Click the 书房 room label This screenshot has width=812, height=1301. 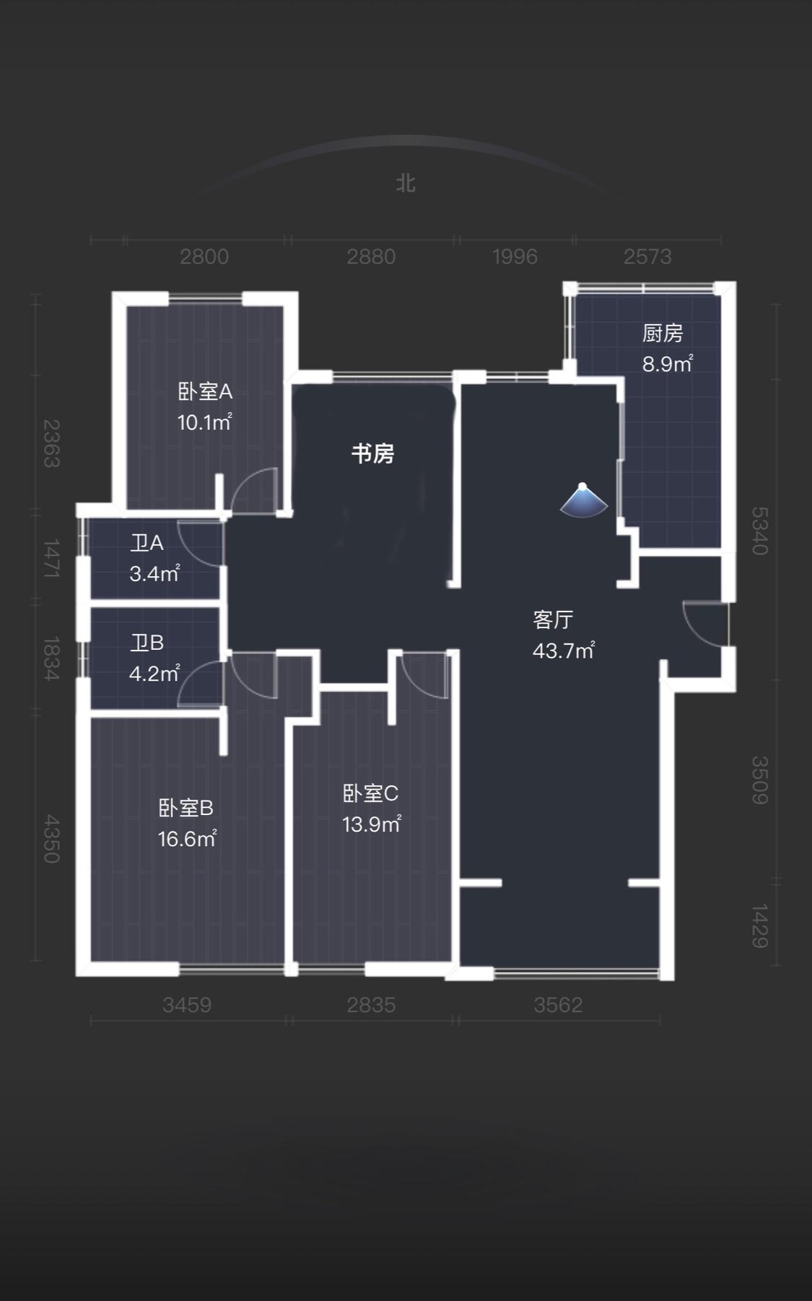point(372,453)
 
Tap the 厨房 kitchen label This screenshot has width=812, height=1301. point(663,333)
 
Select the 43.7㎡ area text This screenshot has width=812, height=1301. point(564,650)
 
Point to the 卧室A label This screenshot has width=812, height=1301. point(205,391)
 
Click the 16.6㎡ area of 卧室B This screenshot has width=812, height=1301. point(187,838)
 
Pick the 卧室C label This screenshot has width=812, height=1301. point(370,793)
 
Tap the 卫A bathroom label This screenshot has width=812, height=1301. point(147,543)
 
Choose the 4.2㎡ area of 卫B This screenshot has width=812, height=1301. point(154,674)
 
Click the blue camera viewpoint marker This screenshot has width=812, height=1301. point(583,500)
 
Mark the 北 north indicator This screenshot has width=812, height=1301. point(406,183)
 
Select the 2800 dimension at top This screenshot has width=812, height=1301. point(204,256)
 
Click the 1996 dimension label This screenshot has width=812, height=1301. point(515,256)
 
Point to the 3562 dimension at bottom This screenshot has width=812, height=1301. point(558,1004)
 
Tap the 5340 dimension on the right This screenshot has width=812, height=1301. point(759,531)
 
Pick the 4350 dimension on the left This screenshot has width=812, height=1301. point(51,839)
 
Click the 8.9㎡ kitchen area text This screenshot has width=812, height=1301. point(668,363)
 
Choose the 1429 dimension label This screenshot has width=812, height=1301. point(759,926)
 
